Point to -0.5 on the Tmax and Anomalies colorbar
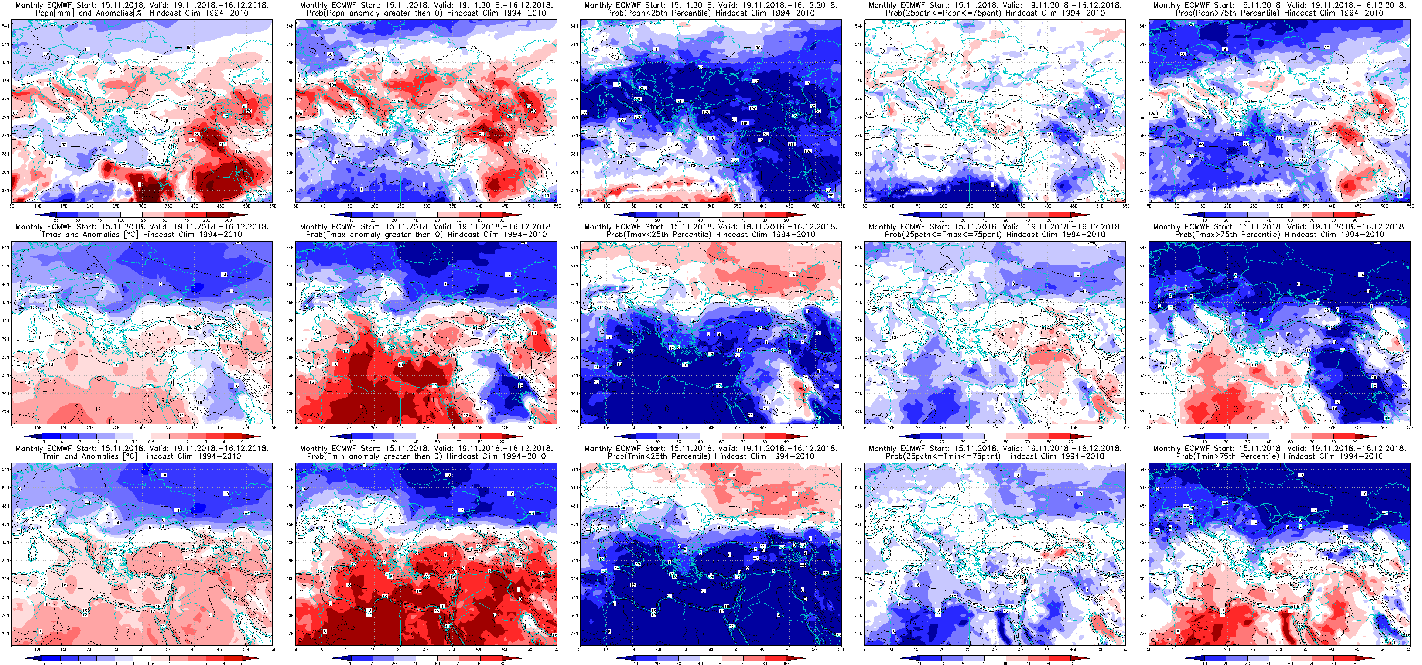134,442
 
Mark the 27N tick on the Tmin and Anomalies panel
6,634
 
